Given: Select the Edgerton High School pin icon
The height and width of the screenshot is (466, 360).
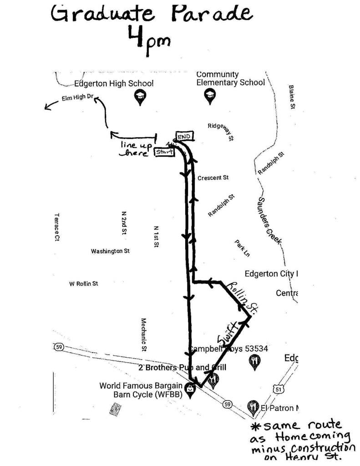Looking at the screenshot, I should tap(140, 96).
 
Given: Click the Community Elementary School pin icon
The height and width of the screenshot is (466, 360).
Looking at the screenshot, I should tap(210, 95).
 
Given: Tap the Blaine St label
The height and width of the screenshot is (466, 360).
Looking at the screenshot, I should tap(292, 96).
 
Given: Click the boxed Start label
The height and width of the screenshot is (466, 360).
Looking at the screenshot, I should tap(165, 152).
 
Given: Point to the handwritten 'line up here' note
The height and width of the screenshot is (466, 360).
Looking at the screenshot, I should tap(135, 149).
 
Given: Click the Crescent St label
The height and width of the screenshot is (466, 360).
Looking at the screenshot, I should tap(213, 178).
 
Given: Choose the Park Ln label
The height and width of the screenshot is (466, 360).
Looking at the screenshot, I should tap(243, 248).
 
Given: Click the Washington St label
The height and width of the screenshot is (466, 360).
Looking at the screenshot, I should tap(110, 251).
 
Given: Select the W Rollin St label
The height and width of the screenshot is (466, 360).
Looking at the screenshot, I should tap(83, 284).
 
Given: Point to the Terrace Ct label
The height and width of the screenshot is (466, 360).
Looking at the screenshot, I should tap(57, 227).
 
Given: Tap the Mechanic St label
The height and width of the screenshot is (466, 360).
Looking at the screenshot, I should tap(143, 334).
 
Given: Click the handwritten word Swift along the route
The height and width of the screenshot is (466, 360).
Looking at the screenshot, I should tap(227, 334).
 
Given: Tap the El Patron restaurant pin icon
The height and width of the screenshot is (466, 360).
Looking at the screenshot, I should tap(253, 406).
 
